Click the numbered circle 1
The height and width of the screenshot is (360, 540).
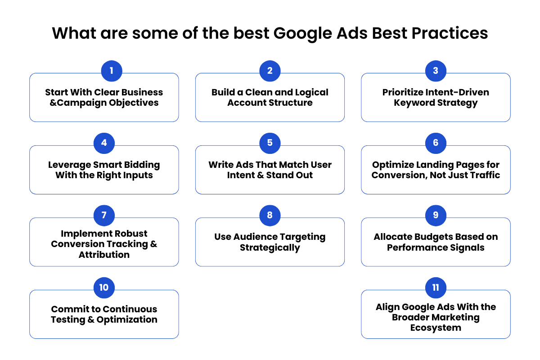112,71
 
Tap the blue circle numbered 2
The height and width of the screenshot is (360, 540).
270,71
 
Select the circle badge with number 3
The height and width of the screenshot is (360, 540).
436,71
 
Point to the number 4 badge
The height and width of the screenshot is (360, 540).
104,143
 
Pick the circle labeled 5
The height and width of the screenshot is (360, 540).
270,143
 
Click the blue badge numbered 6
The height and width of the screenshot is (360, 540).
436,143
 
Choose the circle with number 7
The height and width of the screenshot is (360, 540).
104,216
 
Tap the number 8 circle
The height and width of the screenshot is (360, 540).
270,216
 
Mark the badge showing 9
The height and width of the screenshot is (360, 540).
436,216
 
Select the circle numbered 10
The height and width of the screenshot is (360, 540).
104,288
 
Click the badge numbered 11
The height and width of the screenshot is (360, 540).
436,288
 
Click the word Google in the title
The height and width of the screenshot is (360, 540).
302,34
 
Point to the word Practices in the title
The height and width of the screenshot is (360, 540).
450,33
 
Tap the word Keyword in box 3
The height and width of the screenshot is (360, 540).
414,103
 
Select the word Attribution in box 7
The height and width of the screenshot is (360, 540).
104,255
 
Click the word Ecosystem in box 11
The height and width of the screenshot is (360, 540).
436,328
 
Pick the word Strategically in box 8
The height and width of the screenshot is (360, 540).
270,248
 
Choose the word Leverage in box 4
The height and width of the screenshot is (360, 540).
69,165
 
